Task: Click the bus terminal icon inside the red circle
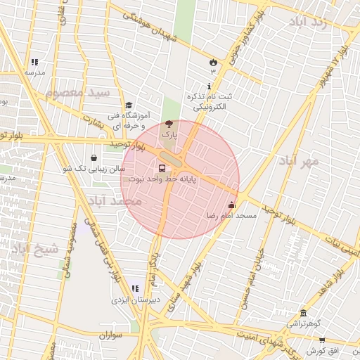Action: pyautogui.click(x=162, y=169)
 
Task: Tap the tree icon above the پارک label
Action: pyautogui.click(x=167, y=124)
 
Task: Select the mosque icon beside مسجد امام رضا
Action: pyautogui.click(x=232, y=205)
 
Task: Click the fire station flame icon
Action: pyautogui.click(x=212, y=62)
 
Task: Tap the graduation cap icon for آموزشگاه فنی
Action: pyautogui.click(x=128, y=105)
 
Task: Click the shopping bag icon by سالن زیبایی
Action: pyautogui.click(x=94, y=158)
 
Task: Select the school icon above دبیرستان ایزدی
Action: pyautogui.click(x=135, y=288)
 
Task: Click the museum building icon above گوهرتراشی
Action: pyautogui.click(x=303, y=313)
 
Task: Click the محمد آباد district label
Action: pyautogui.click(x=115, y=201)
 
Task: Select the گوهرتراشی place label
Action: pyautogui.click(x=301, y=323)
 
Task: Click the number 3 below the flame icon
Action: pyautogui.click(x=213, y=72)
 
